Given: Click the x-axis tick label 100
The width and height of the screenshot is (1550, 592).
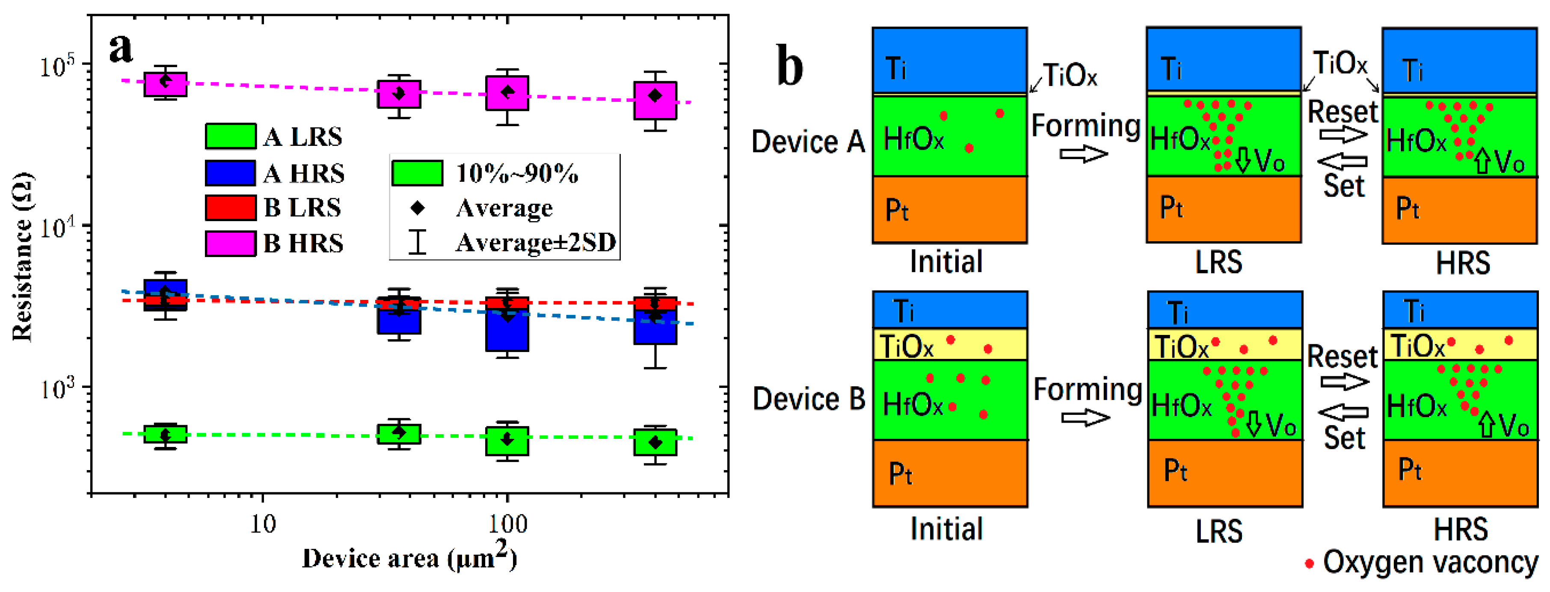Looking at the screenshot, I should coord(507,524).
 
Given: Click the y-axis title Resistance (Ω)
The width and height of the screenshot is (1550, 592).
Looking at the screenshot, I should coord(23,257).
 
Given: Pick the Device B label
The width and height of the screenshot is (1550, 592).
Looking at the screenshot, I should coord(809,399).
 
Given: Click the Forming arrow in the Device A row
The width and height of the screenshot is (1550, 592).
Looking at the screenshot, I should coord(1084,154).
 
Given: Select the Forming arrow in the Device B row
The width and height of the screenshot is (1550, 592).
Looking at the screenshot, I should coord(1085,417).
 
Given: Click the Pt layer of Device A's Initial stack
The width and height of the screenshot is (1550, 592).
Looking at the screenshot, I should coord(949,209).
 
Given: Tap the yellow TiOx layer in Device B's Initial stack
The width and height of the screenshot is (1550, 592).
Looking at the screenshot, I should coord(949,345).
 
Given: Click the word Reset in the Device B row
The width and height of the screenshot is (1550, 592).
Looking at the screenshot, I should coord(1343,357).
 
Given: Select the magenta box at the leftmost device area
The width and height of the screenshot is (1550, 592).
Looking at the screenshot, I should coord(165,84).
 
